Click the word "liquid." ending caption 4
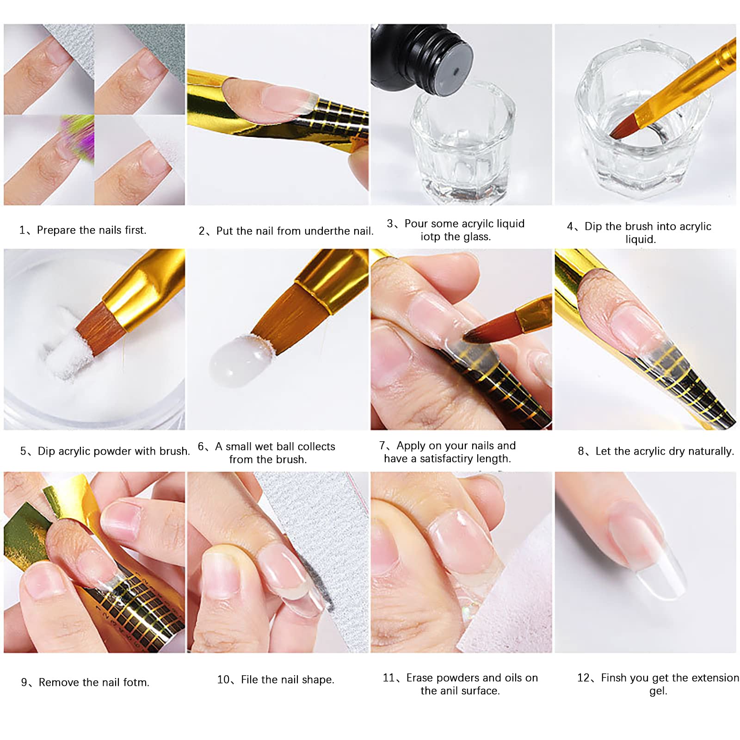click(x=641, y=240)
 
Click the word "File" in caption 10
click(x=250, y=679)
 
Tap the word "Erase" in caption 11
click(x=419, y=678)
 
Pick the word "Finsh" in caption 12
click(x=614, y=678)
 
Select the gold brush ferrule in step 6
click(x=331, y=280)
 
